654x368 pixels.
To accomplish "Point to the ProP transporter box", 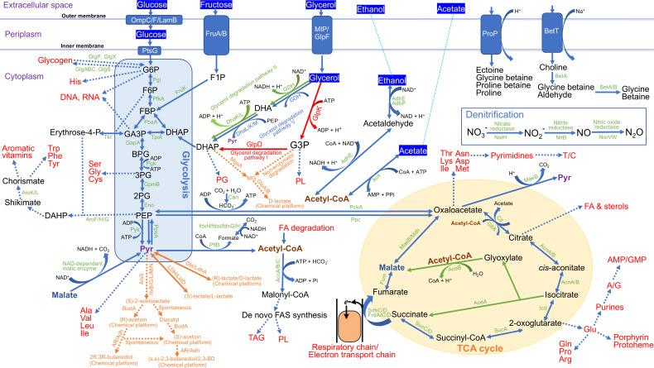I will click(490, 34).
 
